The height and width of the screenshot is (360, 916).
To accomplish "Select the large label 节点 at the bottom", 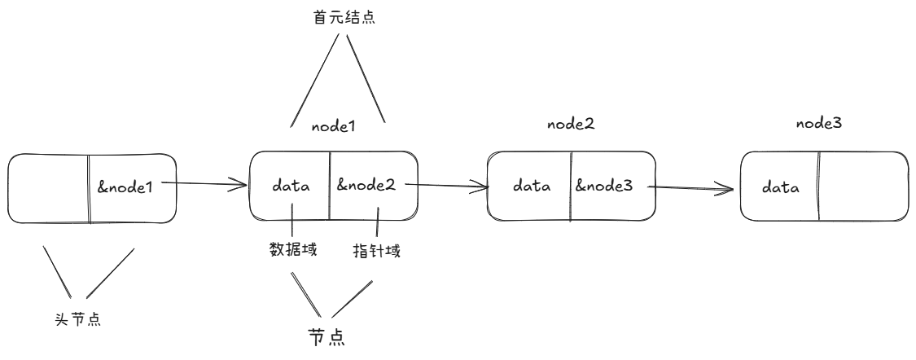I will click(326, 337).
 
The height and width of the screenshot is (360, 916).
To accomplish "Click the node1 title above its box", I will click(335, 127).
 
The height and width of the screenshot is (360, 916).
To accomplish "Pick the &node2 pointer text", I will click(366, 185).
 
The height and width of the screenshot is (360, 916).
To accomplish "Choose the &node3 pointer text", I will click(604, 186).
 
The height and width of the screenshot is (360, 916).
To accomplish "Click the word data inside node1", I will click(291, 186).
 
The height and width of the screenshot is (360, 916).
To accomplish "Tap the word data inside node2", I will click(532, 186).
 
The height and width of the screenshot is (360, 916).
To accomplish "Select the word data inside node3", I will click(780, 187).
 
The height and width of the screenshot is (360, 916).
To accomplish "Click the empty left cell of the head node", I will click(48, 187).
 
